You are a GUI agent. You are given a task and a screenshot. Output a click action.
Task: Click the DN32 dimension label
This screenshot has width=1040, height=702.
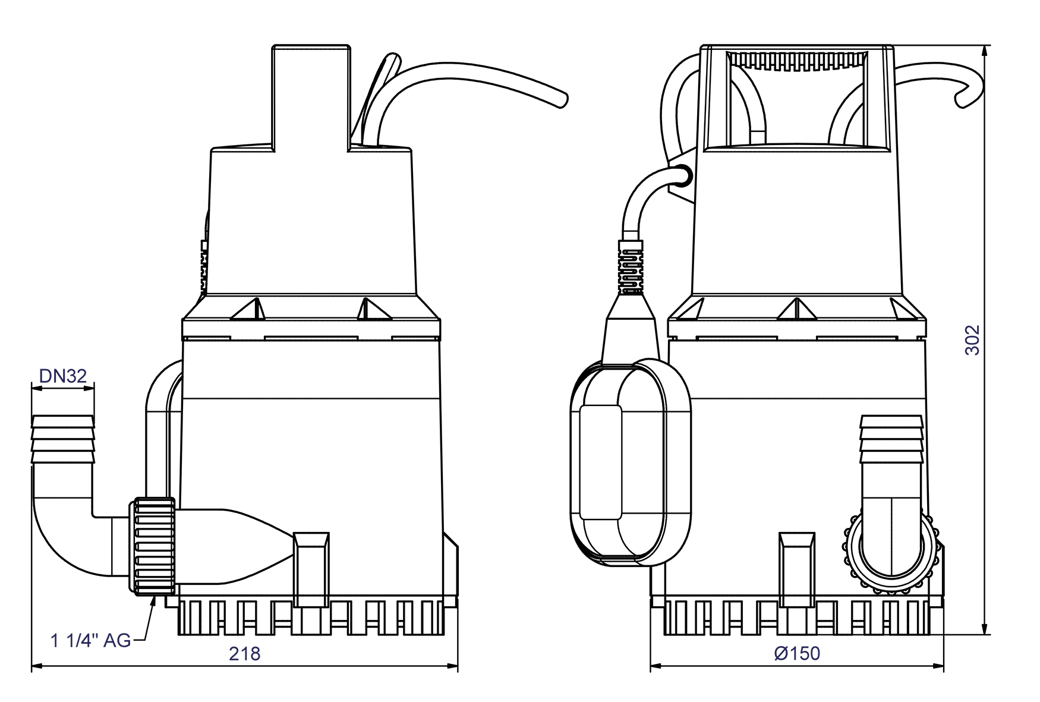62,376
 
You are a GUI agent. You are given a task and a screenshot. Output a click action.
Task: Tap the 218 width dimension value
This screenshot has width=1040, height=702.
244,654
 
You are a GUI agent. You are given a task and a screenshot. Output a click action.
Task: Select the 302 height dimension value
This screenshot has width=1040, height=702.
972,339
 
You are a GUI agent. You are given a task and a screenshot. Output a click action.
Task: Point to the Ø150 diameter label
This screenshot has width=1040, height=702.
797,653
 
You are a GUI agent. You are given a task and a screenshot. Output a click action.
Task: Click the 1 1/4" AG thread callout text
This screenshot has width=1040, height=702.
90,640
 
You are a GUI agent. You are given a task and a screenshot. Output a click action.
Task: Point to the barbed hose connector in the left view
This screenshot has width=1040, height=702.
62,440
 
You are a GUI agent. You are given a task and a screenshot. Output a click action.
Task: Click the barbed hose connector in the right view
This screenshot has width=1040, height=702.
891,440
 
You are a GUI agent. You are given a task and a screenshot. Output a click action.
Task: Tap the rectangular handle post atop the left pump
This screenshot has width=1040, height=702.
311,98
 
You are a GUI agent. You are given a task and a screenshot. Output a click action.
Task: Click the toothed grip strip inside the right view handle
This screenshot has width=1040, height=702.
797,61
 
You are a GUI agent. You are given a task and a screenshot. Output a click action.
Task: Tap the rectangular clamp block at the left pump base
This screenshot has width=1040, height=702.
311,569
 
